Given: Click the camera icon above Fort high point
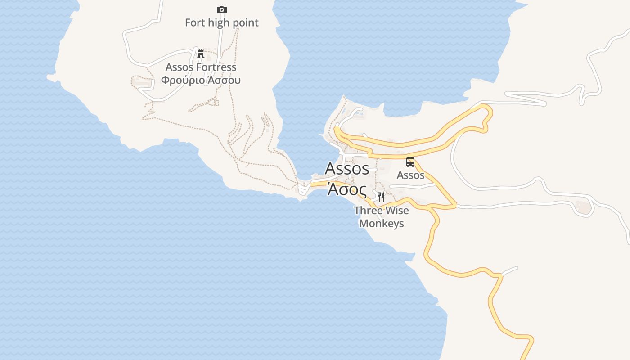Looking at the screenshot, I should (x=221, y=9).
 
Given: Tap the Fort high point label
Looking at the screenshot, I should (x=222, y=22).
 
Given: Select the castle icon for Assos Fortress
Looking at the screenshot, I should (x=201, y=54).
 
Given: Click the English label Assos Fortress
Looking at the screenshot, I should (x=201, y=67).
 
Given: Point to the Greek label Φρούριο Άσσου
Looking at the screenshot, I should (x=201, y=81).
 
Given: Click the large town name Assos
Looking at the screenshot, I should (x=347, y=168).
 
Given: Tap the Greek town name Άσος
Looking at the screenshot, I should (x=347, y=189).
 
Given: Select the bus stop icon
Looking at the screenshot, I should (x=410, y=162).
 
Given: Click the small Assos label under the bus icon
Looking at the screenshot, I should (x=410, y=175).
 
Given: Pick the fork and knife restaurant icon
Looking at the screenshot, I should (x=381, y=197).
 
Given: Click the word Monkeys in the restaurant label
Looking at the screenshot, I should (x=382, y=224).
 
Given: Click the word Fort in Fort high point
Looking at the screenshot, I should (x=195, y=22).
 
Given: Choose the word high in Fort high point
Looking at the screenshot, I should (x=219, y=22).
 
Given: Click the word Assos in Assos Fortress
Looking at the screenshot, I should (x=179, y=67).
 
